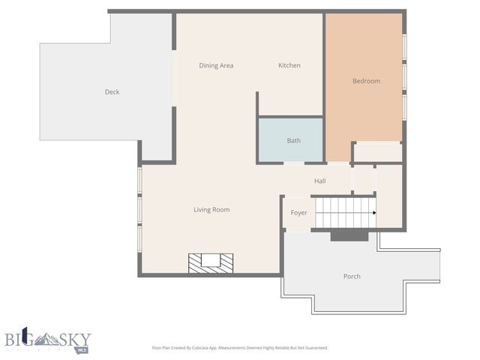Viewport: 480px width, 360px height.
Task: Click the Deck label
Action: [112, 92]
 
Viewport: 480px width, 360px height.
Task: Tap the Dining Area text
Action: [216, 66]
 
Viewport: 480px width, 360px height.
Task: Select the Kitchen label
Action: [289, 66]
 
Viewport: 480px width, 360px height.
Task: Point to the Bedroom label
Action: [366, 81]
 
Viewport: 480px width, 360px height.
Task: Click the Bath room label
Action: [294, 141]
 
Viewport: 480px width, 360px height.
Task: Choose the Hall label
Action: [320, 181]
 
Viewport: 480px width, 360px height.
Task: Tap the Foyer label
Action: [298, 213]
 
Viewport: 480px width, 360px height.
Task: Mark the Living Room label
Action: [211, 210]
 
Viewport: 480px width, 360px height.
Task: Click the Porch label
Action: [352, 277]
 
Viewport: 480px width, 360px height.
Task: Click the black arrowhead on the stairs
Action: [373, 213]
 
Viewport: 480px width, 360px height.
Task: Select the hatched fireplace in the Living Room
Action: [211, 262]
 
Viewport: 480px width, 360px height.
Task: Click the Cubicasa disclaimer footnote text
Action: [239, 348]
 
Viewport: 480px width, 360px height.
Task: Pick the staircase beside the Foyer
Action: [343, 213]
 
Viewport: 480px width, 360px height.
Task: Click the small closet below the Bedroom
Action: [377, 152]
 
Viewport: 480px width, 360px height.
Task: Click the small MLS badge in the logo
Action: [83, 348]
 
